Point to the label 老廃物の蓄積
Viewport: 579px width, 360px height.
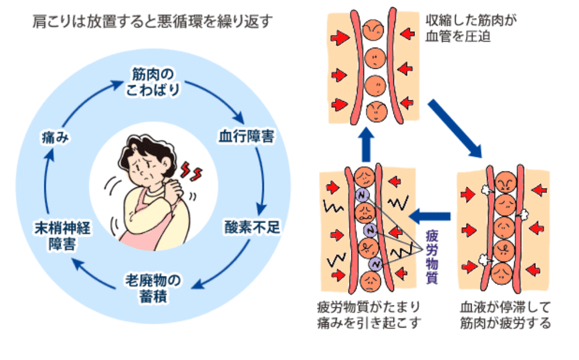tap(153, 288)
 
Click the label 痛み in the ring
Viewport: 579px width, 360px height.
tap(56, 137)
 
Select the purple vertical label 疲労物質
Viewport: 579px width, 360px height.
tap(434, 256)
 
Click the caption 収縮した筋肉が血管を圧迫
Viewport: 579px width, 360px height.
tap(465, 29)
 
